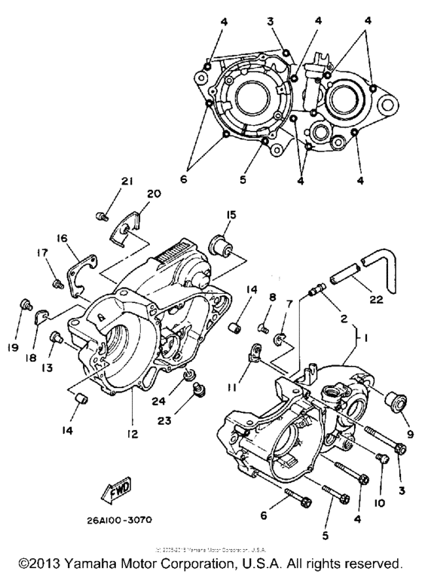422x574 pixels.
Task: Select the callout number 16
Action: click(61, 238)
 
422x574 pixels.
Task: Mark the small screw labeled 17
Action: click(56, 283)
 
